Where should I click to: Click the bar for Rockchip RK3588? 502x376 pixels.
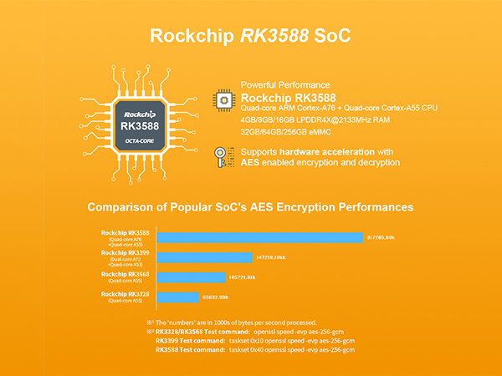point(259,237)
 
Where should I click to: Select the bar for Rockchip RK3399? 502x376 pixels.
point(204,257)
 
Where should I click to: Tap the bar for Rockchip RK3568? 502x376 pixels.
point(191,277)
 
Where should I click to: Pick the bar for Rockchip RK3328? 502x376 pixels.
point(177,297)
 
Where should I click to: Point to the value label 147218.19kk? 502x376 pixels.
point(276,257)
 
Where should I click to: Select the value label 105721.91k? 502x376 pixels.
point(248,277)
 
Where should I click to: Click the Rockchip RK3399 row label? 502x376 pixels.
point(126,252)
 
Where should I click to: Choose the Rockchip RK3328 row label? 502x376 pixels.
point(126,294)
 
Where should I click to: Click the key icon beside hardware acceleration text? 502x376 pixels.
point(223,156)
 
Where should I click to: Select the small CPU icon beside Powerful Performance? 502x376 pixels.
point(223,97)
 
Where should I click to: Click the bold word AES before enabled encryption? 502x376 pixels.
point(252,162)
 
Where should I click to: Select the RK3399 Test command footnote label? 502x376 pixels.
point(189,341)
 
